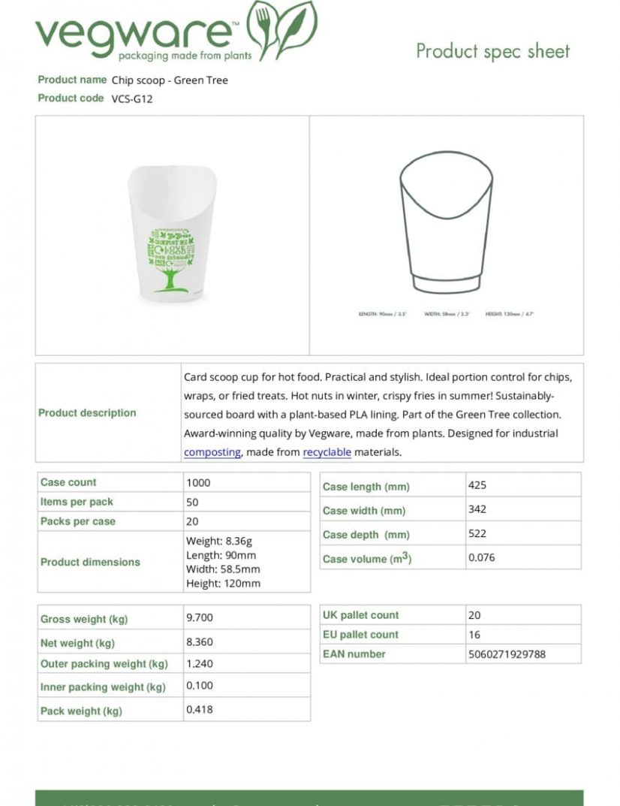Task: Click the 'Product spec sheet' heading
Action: click(492, 51)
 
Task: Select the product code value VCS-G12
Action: click(132, 98)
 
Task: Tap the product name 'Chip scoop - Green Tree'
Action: click(170, 80)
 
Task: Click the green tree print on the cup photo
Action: click(170, 259)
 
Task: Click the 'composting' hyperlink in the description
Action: click(212, 452)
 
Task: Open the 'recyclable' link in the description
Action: click(327, 452)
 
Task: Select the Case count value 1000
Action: click(198, 483)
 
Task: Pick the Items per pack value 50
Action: click(192, 503)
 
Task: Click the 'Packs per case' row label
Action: click(78, 521)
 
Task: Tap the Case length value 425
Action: click(477, 485)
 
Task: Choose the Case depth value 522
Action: click(477, 534)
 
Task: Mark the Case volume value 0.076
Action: click(481, 558)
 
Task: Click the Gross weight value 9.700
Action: click(200, 618)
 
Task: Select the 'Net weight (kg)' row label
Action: click(77, 643)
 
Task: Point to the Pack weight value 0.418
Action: click(200, 709)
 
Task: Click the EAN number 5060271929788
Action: click(506, 654)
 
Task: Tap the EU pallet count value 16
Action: click(474, 635)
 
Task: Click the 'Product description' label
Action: click(87, 413)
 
